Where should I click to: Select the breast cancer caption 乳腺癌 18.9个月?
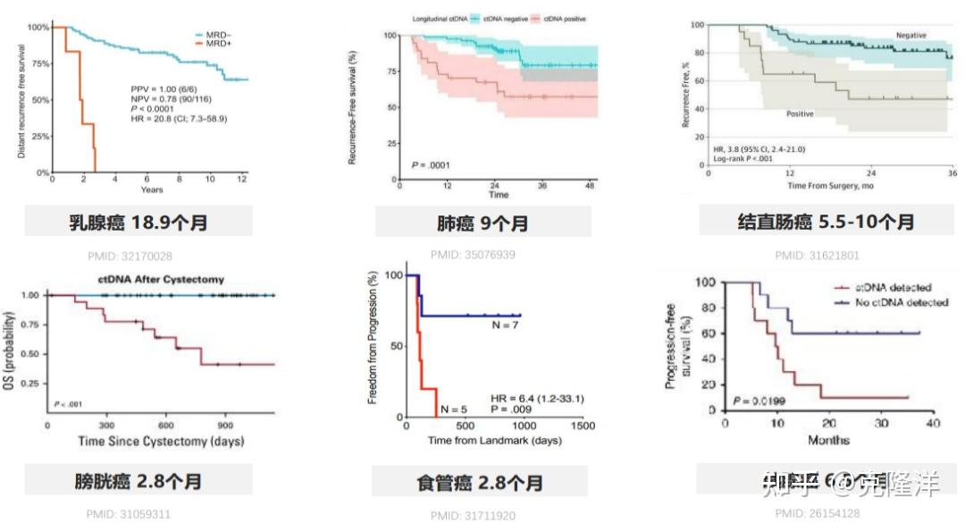(x=138, y=222)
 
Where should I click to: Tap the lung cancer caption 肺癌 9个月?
(x=482, y=223)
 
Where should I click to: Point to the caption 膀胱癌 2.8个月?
(x=138, y=481)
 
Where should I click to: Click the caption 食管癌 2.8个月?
(x=480, y=483)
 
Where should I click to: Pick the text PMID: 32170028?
(x=130, y=257)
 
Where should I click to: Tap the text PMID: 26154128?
(x=817, y=513)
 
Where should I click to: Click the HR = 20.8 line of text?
(x=178, y=118)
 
